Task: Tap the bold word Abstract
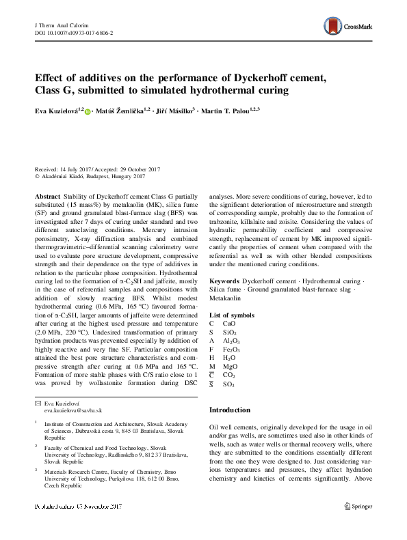tap(48, 195)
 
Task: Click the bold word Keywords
tap(224, 281)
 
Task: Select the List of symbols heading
tap(231, 315)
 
